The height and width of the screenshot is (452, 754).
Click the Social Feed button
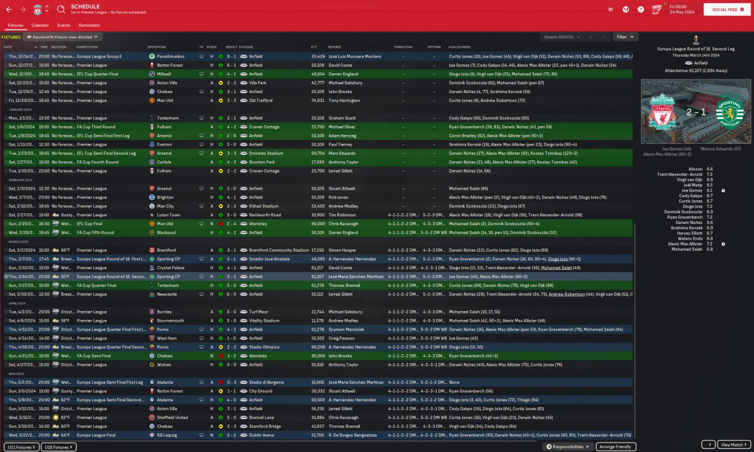pos(728,9)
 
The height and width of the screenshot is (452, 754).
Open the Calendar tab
pos(40,25)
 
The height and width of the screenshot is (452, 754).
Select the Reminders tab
pos(89,25)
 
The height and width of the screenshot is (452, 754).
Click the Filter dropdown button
pos(625,37)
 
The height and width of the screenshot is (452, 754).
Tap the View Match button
pos(734,445)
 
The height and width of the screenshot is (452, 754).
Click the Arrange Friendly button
pos(616,447)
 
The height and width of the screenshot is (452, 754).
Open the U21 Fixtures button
pos(22,447)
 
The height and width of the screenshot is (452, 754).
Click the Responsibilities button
pos(568,447)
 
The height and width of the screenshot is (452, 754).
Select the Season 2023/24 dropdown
pos(562,37)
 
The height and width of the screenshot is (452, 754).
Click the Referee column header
pos(334,47)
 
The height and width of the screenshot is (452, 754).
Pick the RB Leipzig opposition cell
pos(168,435)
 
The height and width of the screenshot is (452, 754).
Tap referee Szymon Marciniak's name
pos(346,329)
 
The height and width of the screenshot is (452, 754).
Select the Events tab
pos(64,25)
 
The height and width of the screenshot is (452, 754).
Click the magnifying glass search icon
pos(61,9)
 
